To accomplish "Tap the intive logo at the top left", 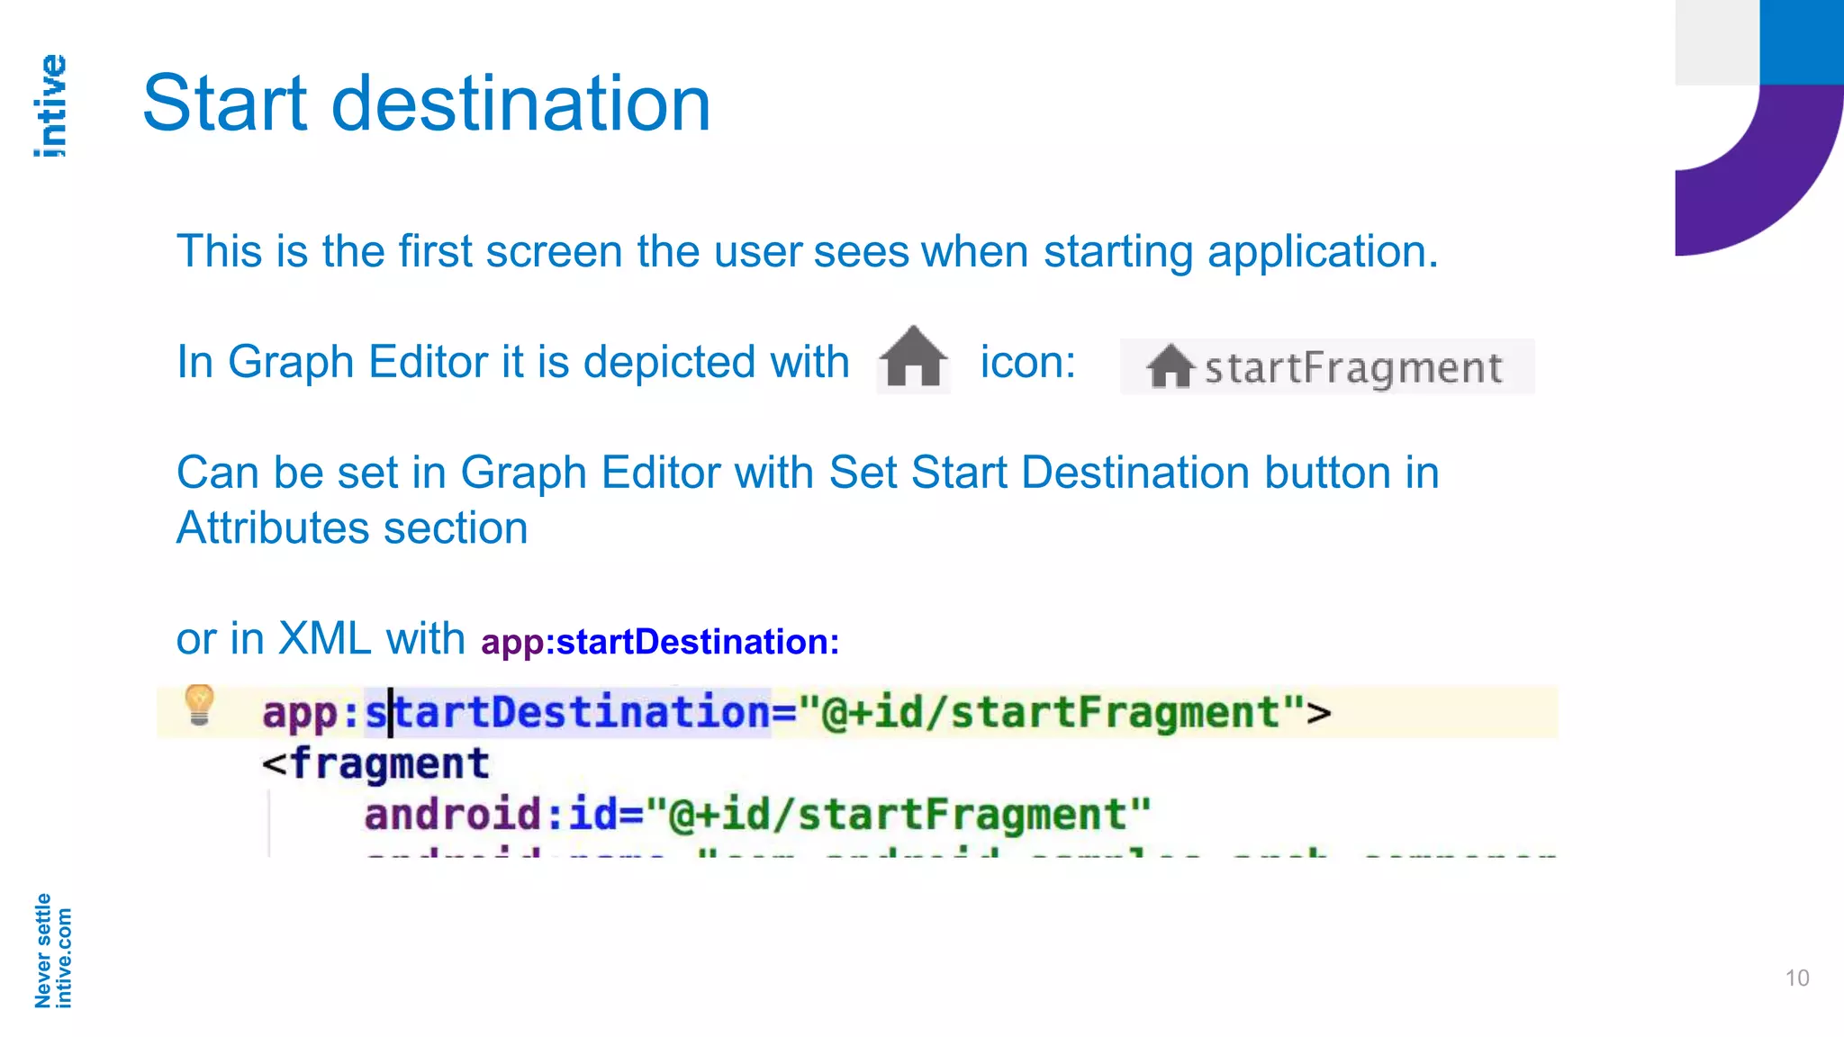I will coord(50,106).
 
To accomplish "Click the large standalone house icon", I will coord(913,357).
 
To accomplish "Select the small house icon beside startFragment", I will coord(1170,366).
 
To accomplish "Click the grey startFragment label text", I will coord(1353,368).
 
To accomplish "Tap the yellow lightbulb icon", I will coord(199,704).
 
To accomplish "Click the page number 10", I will coord(1796,978).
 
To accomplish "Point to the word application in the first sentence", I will coord(1322,251).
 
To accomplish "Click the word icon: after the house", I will coord(1027,362).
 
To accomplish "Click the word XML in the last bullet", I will coord(324,638).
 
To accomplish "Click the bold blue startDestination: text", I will coord(698,642).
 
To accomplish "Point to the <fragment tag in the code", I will coord(375,763).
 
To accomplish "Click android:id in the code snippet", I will coord(492,815).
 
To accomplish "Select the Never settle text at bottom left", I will coord(42,951).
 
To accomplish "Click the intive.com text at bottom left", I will coord(63,958).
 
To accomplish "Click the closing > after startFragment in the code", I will coord(1319,713).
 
